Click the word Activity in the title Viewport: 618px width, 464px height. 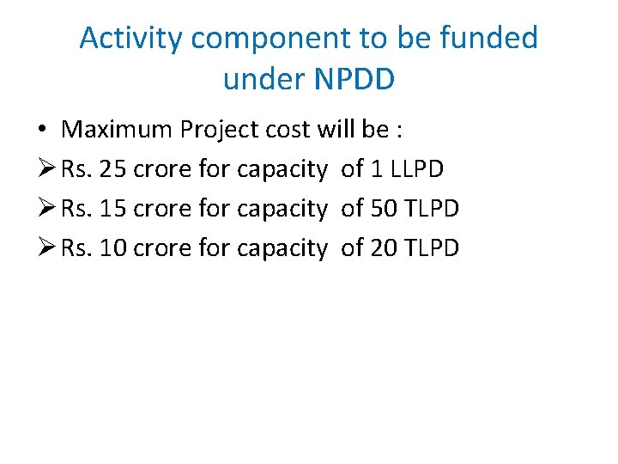(x=131, y=39)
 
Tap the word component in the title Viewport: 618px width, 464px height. (x=268, y=39)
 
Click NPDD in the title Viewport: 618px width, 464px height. (x=354, y=79)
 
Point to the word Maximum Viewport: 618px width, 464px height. (x=118, y=130)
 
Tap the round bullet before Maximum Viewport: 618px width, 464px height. (x=42, y=131)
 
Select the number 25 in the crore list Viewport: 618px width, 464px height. (x=113, y=169)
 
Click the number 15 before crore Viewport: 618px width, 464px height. (x=113, y=209)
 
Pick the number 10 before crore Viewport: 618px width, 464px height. (x=113, y=248)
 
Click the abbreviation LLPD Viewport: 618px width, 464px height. (x=416, y=169)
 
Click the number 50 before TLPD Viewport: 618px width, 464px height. (x=384, y=209)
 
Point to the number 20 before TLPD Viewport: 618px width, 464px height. (x=384, y=248)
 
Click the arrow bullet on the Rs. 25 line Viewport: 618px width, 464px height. (x=45, y=169)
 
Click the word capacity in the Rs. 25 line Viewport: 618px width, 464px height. (x=282, y=170)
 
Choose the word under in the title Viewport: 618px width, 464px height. (x=262, y=79)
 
